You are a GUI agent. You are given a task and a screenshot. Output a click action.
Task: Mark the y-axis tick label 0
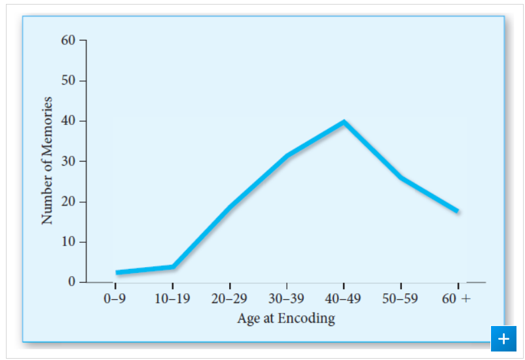coord(73,282)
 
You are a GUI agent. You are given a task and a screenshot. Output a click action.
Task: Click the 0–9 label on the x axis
coord(115,300)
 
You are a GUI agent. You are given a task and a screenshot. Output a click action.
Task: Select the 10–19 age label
coord(172,300)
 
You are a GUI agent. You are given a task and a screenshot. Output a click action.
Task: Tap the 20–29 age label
coord(229,300)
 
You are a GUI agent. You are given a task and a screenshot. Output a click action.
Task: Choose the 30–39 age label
coord(286,300)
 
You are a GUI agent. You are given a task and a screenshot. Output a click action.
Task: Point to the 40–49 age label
coord(344,300)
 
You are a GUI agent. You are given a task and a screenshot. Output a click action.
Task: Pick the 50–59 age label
coord(401,300)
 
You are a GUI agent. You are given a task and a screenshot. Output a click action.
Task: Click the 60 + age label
coord(456,300)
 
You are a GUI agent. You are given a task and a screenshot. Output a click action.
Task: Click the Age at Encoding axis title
coord(286,319)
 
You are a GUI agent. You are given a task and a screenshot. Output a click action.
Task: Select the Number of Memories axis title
coord(46,160)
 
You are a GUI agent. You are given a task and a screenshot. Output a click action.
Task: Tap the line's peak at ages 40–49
coord(344,122)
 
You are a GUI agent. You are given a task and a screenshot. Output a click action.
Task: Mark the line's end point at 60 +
coord(456,211)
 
